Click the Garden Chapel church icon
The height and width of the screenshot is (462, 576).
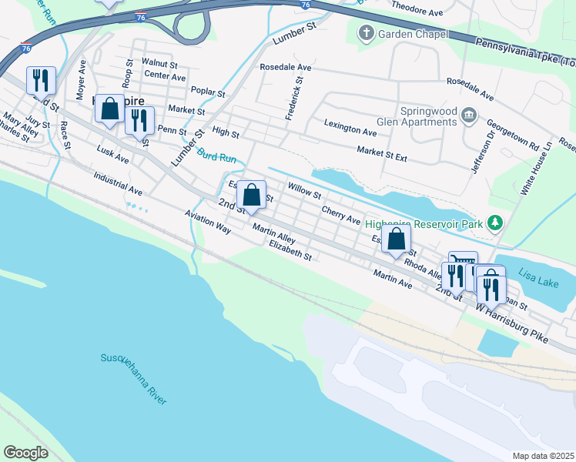[367, 35]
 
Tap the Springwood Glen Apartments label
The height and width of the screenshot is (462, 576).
[429, 116]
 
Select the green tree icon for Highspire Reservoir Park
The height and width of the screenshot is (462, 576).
[495, 223]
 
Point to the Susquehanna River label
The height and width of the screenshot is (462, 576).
[133, 379]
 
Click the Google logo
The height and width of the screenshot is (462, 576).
[25, 453]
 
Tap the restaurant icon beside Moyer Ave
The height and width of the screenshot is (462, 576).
[41, 80]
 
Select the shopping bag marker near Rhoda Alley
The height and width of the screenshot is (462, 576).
[396, 239]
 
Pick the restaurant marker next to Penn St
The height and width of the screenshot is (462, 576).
[139, 120]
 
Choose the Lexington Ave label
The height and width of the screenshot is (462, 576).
[350, 127]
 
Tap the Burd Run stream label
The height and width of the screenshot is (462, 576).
[216, 156]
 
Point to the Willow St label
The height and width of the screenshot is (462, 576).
[303, 189]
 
